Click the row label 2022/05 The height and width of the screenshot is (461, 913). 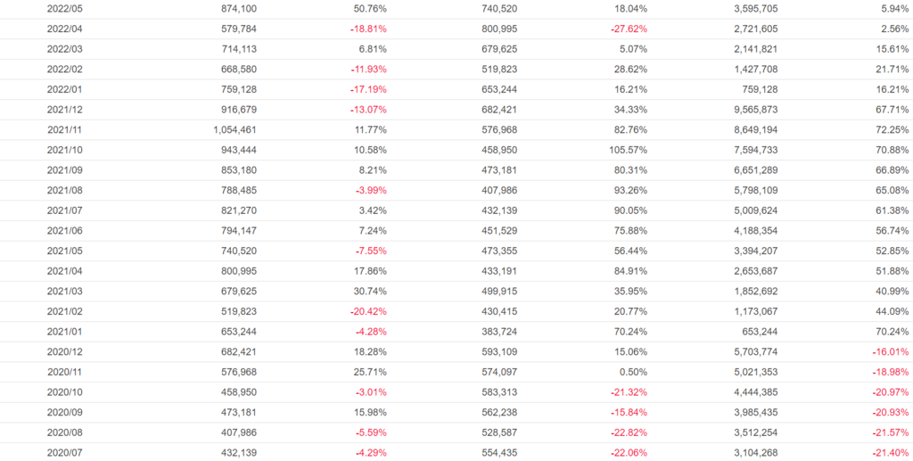(x=65, y=8)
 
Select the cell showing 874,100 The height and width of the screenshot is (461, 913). (x=240, y=8)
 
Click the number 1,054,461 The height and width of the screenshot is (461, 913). (x=234, y=129)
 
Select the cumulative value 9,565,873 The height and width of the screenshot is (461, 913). (x=753, y=109)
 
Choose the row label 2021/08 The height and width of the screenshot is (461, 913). (x=65, y=190)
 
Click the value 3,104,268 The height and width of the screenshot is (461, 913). (x=753, y=452)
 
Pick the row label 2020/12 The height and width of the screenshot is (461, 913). (x=65, y=351)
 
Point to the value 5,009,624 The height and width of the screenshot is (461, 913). (x=753, y=210)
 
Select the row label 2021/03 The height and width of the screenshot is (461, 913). (x=65, y=291)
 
